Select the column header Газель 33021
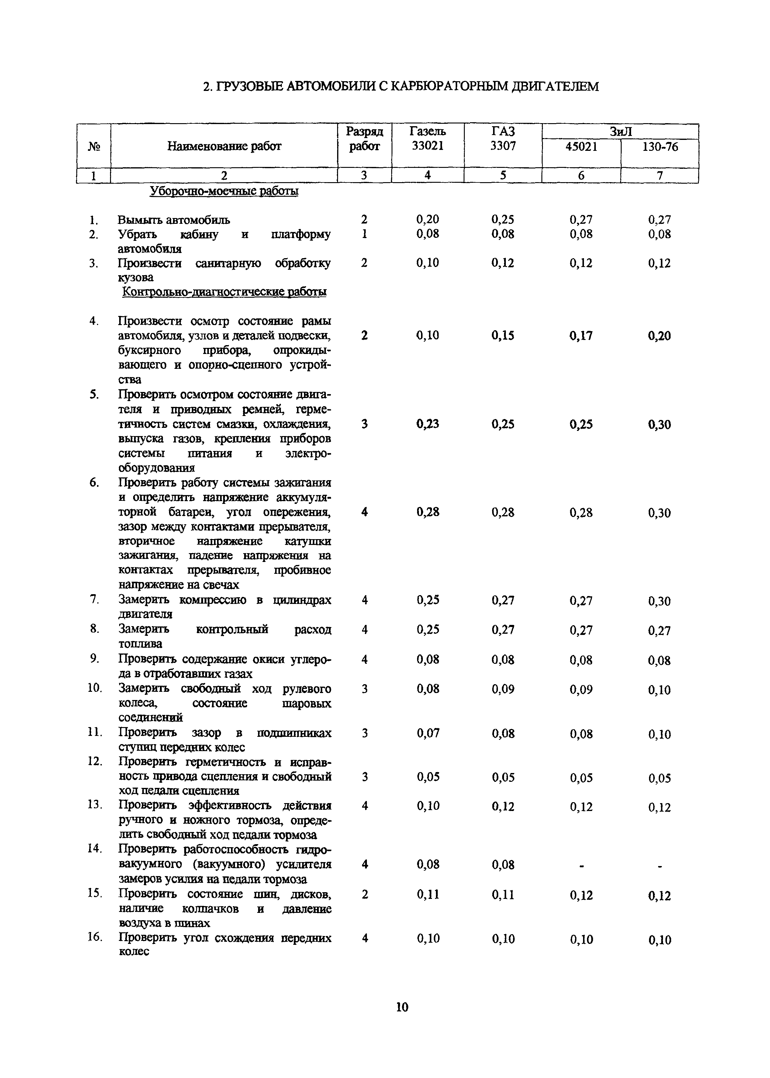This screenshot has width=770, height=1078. [428, 138]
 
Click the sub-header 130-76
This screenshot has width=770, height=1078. [660, 147]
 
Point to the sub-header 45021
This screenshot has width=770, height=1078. [581, 147]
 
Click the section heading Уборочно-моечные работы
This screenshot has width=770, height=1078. [224, 191]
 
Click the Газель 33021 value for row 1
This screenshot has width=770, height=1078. [428, 219]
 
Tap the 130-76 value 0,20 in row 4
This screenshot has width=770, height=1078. [660, 336]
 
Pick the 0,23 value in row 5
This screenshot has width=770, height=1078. [428, 424]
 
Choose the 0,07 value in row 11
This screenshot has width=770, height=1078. [428, 733]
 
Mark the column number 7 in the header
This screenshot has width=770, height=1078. [660, 175]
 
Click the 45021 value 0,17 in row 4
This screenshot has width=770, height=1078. [581, 336]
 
